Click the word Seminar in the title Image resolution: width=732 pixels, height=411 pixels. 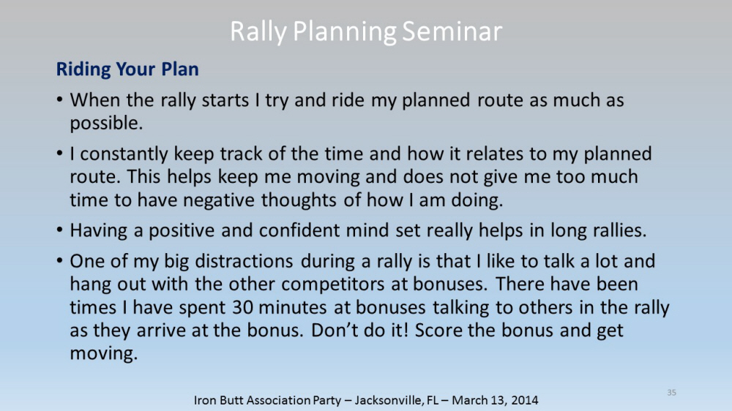(x=452, y=31)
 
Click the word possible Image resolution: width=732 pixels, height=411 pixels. (x=106, y=124)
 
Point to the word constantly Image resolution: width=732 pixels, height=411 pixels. (x=124, y=154)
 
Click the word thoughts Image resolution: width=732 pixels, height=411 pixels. (x=299, y=200)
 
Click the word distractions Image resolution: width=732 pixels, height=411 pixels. (x=244, y=261)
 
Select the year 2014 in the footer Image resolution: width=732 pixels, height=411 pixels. (x=524, y=400)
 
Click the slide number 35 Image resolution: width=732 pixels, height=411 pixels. (x=671, y=392)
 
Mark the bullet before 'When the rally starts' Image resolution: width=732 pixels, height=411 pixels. (x=59, y=99)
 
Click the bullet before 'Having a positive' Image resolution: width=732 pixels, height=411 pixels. (x=59, y=230)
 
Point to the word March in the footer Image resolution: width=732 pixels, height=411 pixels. (x=468, y=400)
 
